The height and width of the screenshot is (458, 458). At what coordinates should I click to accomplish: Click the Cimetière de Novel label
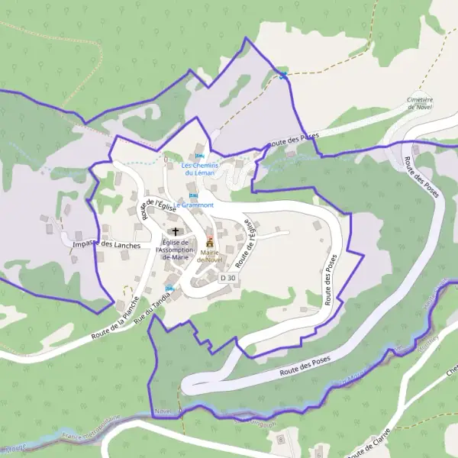pyautogui.click(x=421, y=103)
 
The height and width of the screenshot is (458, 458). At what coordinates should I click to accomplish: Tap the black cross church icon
pyautogui.click(x=176, y=231)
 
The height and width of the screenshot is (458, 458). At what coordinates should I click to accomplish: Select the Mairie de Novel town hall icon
pyautogui.click(x=210, y=242)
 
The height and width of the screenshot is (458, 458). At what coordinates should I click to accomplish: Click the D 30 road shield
pyautogui.click(x=227, y=279)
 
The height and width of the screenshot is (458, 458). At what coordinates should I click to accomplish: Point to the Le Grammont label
pyautogui.click(x=193, y=205)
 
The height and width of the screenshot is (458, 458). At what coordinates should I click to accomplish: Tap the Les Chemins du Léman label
pyautogui.click(x=198, y=169)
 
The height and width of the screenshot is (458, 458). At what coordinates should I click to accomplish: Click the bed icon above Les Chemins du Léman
pyautogui.click(x=199, y=156)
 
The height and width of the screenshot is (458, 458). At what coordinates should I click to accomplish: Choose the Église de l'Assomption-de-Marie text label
pyautogui.click(x=176, y=250)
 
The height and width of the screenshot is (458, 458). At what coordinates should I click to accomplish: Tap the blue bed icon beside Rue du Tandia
pyautogui.click(x=170, y=289)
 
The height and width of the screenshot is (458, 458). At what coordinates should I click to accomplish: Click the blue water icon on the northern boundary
pyautogui.click(x=284, y=75)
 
